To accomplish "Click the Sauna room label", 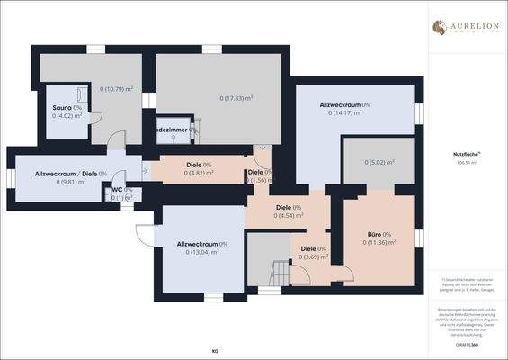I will coord(63,107).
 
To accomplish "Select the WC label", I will coord(117,190).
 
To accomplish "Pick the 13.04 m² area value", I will coord(202,252).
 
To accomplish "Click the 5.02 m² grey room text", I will coord(379,162).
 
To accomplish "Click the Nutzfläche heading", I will coord(464,155).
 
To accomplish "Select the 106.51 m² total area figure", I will coord(464,164).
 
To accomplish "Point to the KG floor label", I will coord(215,349).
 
